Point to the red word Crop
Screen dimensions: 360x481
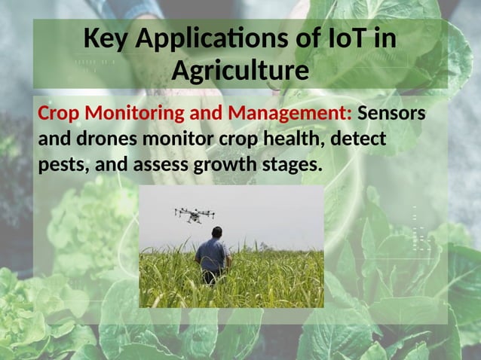pos(58,114)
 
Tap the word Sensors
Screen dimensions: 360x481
pos(391,114)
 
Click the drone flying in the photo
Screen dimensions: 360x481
pos(195,214)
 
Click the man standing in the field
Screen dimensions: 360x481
pos(213,256)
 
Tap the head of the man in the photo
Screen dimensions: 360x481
pos(216,233)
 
